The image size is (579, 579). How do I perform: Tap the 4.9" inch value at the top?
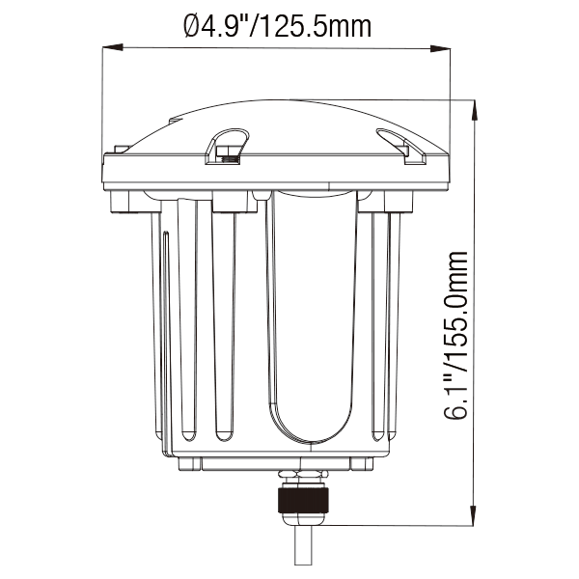click(x=229, y=26)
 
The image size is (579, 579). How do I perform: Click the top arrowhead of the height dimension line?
click(x=474, y=106)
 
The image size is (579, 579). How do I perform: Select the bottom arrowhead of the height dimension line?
click(x=474, y=517)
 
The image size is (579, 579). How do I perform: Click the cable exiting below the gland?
click(x=304, y=550)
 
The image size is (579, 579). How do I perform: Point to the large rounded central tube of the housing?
click(x=311, y=318)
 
